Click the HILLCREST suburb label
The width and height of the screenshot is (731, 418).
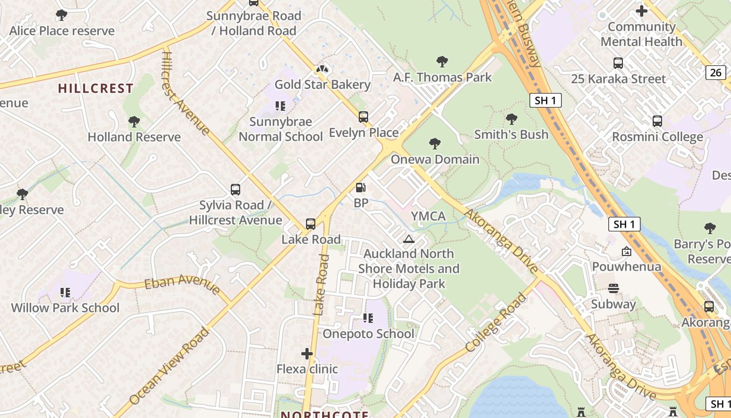pos(96,88)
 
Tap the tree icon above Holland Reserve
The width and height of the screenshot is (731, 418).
pos(134,122)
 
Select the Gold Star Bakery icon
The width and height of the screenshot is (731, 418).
pos(322,69)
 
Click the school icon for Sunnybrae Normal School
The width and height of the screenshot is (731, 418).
pos(280,107)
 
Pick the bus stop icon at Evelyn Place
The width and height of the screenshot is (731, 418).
pos(363,117)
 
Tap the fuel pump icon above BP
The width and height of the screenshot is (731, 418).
pos(360,188)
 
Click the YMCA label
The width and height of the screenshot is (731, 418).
pos(428,216)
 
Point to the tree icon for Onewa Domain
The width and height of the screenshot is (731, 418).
pos(434,144)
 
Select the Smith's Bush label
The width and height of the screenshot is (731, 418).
pos(511,134)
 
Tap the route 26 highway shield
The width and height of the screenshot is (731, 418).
pos(716,73)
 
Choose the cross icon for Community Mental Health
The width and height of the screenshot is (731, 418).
pos(642,11)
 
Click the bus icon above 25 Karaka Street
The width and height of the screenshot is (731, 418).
pos(618,64)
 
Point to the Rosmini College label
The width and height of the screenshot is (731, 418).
pos(657,137)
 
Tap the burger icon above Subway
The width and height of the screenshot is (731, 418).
pos(613,288)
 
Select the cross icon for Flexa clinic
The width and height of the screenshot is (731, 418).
pos(307,354)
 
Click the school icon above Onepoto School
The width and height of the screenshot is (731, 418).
pos(368,318)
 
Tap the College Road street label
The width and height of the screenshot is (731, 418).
pos(496,322)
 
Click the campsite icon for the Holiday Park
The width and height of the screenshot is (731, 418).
pos(409,239)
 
